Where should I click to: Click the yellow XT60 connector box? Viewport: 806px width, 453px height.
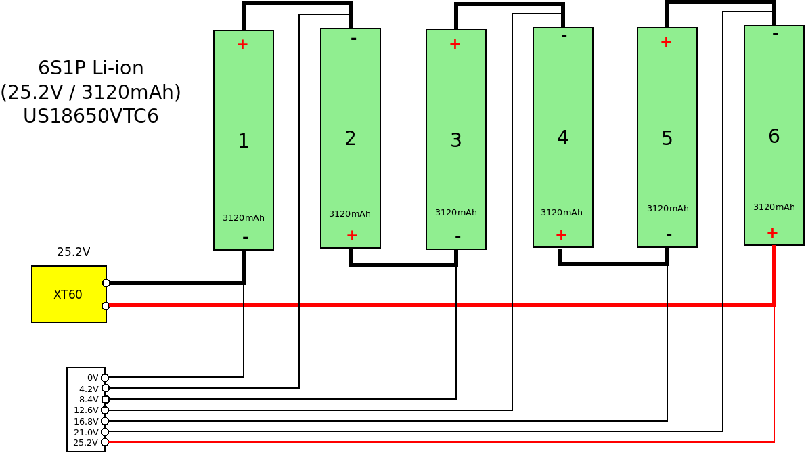[x=68, y=294]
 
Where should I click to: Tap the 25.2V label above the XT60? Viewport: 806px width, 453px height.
[x=73, y=252]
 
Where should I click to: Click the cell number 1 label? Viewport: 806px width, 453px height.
[x=244, y=141]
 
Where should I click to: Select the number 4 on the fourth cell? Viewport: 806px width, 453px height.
[x=562, y=137]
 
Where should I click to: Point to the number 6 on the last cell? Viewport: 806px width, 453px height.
[x=774, y=136]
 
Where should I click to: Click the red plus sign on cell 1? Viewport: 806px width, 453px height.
[x=242, y=45]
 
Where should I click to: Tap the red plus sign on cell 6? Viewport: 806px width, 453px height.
[x=772, y=232]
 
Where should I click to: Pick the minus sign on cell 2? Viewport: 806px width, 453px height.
[x=353, y=38]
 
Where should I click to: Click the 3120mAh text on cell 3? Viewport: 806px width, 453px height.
[x=455, y=213]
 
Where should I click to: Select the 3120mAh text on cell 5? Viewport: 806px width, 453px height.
[x=667, y=209]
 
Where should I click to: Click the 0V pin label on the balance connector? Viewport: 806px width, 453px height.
[x=93, y=378]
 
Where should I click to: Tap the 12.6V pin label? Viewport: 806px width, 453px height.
[x=86, y=410]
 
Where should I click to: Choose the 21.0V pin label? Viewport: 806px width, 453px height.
[x=86, y=432]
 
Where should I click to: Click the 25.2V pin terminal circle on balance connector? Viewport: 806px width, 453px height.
[x=105, y=442]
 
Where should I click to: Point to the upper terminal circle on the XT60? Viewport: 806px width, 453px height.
[x=106, y=283]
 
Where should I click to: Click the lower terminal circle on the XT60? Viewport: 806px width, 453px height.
[x=106, y=306]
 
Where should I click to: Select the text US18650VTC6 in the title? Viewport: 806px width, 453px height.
[x=91, y=116]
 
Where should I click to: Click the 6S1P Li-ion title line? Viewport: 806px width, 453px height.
[x=91, y=68]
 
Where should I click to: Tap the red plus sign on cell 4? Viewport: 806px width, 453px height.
[x=561, y=234]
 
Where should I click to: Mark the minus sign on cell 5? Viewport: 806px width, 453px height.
[x=669, y=235]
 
